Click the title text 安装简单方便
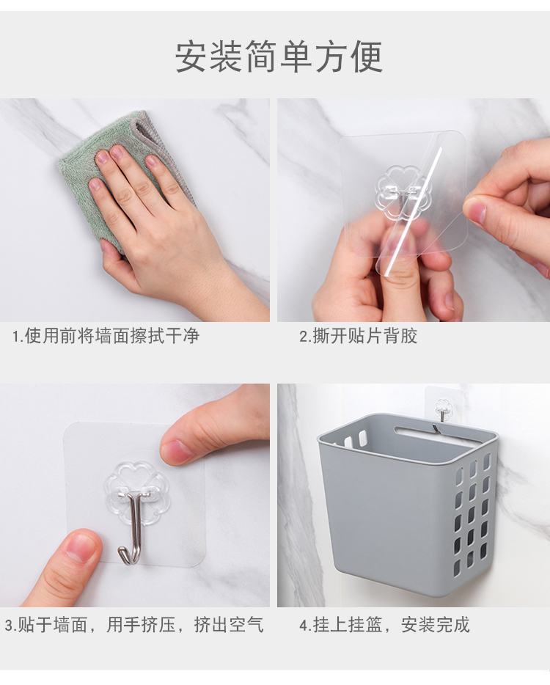(x=279, y=56)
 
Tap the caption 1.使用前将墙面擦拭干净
(x=106, y=336)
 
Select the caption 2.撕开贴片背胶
(x=358, y=336)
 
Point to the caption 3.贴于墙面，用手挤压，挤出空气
(x=134, y=625)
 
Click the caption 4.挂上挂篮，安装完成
(x=384, y=625)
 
